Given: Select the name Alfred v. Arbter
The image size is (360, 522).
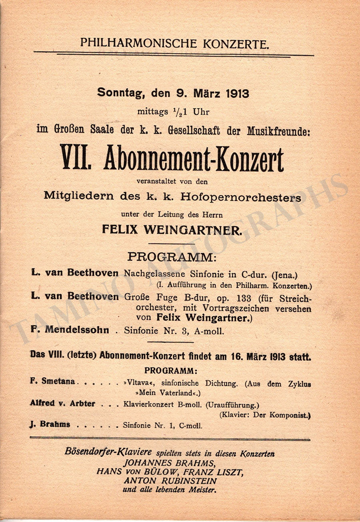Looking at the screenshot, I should [62, 404].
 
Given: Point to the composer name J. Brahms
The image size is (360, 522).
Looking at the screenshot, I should [50, 425].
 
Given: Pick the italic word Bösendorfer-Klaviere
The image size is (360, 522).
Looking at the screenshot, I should [108, 452].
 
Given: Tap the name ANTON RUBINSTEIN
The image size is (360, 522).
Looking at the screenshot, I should [170, 481].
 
